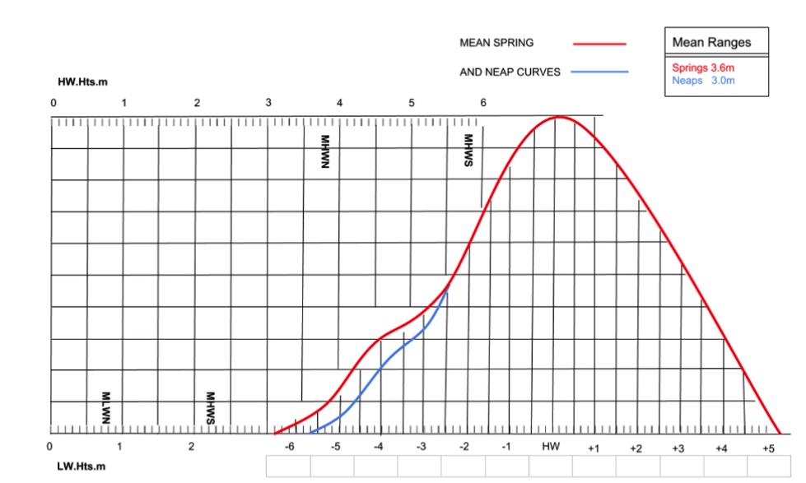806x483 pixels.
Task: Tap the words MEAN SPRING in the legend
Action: (x=496, y=43)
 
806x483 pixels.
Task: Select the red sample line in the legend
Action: (x=599, y=43)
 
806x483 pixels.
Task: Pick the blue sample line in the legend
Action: (x=599, y=72)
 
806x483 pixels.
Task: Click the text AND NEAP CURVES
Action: (x=510, y=72)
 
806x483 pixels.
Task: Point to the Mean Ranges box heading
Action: (x=711, y=43)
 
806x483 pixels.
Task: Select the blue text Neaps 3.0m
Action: (x=702, y=81)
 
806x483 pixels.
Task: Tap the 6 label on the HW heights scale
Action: (x=483, y=103)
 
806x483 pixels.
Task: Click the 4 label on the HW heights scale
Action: (x=340, y=103)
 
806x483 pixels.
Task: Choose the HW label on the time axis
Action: (x=550, y=446)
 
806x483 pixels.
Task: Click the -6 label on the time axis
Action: (x=289, y=447)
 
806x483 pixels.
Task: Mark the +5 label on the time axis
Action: (x=767, y=448)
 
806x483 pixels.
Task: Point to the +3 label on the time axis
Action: (x=678, y=448)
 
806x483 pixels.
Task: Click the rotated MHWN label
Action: (x=324, y=152)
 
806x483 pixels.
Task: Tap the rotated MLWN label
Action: (x=105, y=408)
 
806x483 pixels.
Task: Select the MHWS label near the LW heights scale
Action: (x=210, y=408)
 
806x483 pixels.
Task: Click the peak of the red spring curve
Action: (x=558, y=117)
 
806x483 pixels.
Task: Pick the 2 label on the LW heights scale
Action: (x=191, y=447)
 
